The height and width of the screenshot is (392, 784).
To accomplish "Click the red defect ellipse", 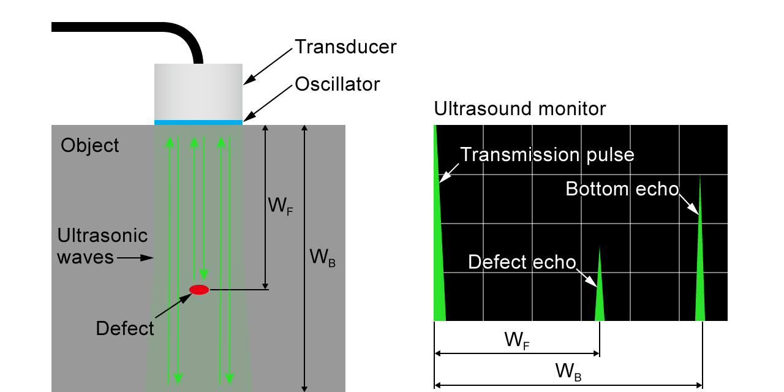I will point(199,290).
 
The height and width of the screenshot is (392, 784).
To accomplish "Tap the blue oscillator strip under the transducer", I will point(198,123).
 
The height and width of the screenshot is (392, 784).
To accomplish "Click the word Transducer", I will point(345,47).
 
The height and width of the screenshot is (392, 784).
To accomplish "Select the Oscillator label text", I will point(337,84).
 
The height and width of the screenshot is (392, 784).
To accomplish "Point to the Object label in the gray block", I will point(90,146).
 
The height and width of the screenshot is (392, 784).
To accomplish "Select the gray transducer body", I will point(198,92).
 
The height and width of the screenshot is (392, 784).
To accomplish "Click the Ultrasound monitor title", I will point(519,109).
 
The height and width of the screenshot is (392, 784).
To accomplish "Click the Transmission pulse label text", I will point(547,154).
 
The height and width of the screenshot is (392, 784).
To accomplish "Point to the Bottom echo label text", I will point(622,189).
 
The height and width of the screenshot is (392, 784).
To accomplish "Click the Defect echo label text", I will point(522,262).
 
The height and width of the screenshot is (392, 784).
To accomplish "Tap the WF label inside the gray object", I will point(280,205).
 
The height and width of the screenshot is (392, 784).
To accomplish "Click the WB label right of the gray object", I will point(323,258).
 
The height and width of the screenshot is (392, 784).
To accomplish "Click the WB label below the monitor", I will point(568,371).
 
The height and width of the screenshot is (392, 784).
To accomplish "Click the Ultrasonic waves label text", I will point(102,246).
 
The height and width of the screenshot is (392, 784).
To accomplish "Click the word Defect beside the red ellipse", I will point(125,328).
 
